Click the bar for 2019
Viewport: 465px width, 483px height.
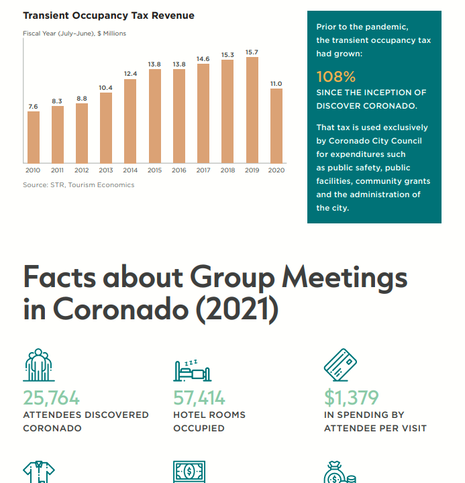click(252, 110)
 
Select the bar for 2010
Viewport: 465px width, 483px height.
click(34, 137)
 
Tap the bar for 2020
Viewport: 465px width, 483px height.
click(276, 125)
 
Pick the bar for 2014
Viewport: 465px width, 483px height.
click(130, 121)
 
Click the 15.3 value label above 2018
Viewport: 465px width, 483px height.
click(227, 54)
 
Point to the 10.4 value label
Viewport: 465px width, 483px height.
click(106, 87)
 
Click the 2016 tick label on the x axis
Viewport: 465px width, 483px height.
click(179, 170)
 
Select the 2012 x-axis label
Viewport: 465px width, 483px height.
click(82, 170)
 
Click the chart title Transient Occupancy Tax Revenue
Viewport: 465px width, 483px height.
click(109, 15)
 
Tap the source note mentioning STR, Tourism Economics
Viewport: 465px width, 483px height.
click(79, 185)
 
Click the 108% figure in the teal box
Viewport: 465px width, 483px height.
click(336, 77)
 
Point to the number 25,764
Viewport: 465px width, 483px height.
click(52, 398)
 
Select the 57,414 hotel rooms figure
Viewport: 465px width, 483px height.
click(199, 398)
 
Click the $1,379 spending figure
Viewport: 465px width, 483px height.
click(352, 398)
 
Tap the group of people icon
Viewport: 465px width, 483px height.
click(38, 366)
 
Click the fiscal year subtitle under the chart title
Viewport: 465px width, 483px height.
click(74, 33)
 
